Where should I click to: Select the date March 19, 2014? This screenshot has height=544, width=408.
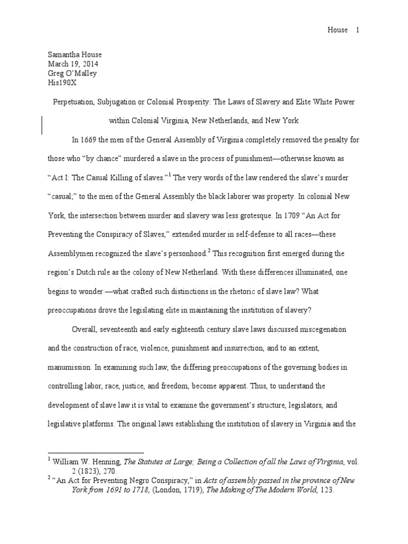(x=69, y=64)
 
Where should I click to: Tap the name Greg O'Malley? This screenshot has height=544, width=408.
(x=71, y=74)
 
